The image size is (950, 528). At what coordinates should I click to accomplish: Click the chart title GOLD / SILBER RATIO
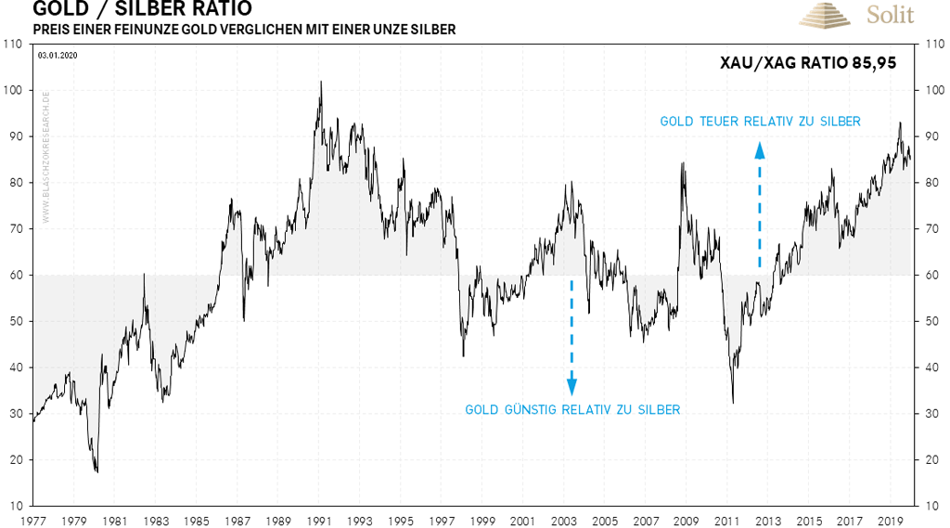click(x=141, y=9)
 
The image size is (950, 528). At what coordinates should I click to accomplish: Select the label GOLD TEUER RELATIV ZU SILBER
click(x=760, y=122)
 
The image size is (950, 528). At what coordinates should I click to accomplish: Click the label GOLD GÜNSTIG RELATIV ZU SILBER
click(x=572, y=409)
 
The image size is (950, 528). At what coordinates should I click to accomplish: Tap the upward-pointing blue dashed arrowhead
click(x=760, y=148)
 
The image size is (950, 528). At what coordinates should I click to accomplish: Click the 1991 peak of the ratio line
click(x=321, y=82)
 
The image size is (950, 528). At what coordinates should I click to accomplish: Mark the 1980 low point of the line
click(x=96, y=471)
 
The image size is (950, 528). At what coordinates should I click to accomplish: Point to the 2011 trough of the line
click(x=733, y=402)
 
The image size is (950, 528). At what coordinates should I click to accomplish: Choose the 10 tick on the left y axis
click(x=16, y=506)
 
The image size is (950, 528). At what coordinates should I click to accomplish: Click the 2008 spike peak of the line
click(x=683, y=163)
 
